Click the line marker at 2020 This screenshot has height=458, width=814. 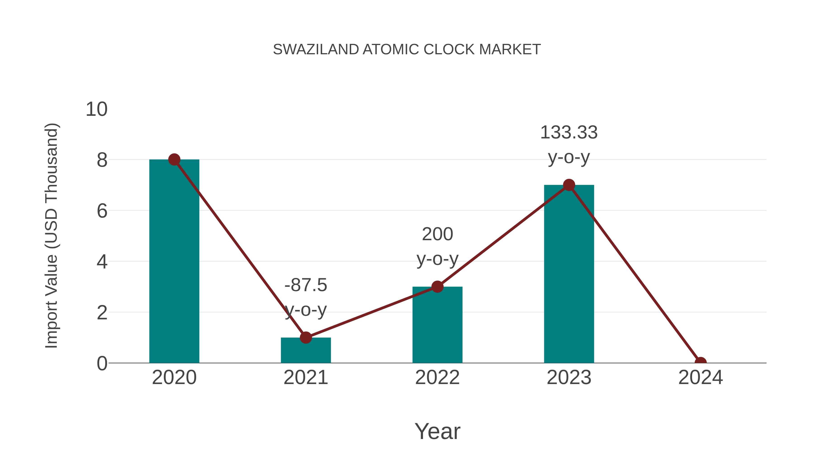point(174,160)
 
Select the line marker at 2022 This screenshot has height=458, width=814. point(437,287)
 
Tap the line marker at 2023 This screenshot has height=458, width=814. point(569,185)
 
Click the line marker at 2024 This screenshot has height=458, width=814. point(700,362)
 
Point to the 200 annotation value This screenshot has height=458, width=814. point(437,234)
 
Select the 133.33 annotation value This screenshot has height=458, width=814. point(569,133)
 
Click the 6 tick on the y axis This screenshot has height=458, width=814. point(102,211)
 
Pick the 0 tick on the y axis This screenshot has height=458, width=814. point(102,363)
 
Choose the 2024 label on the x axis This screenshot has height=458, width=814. point(700,377)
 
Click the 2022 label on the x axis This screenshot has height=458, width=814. point(437,377)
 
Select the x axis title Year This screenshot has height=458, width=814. point(437,431)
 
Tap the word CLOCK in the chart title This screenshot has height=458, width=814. point(449,50)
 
